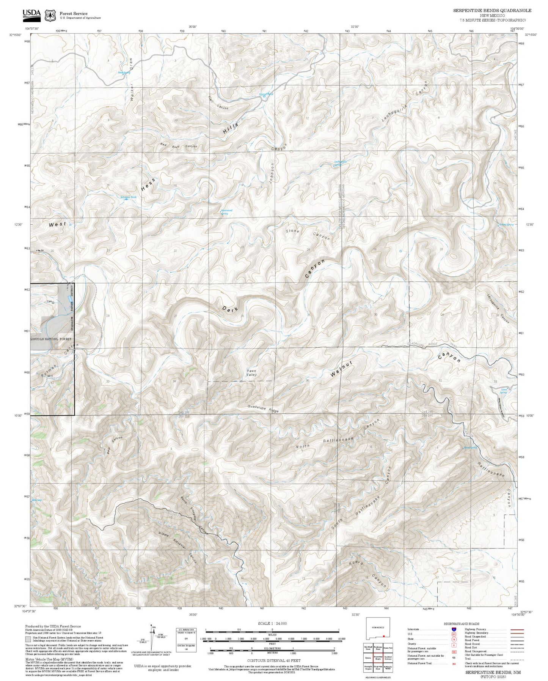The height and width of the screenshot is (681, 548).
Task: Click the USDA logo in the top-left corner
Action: [31, 14]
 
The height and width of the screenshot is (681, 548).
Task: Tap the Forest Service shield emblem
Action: [50, 15]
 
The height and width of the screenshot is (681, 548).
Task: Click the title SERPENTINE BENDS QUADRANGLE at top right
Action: [492, 11]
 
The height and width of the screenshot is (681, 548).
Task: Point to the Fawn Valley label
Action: [252, 373]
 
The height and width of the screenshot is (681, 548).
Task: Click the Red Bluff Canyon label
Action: [178, 145]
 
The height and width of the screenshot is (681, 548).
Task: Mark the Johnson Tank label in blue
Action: [128, 197]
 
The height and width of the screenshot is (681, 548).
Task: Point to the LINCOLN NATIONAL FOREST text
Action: [51, 339]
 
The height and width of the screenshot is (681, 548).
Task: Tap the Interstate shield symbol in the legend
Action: [454, 629]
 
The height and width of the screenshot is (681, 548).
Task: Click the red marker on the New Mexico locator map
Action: [384, 636]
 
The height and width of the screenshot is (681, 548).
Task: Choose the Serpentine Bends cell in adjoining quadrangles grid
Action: [378, 657]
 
